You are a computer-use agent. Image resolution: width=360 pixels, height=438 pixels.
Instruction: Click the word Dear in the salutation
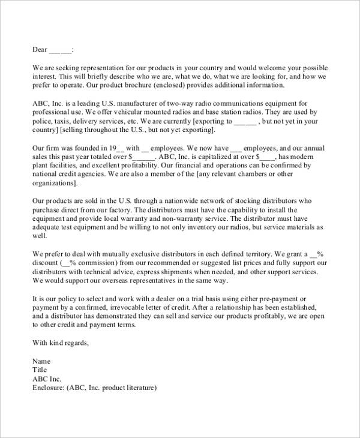click(x=40, y=49)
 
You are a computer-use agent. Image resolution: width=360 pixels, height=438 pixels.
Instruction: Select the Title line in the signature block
click(x=39, y=370)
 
